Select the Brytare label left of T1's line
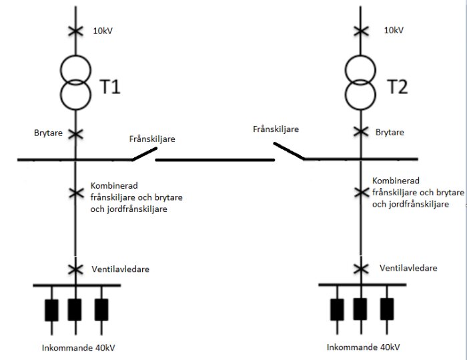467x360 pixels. point(48,133)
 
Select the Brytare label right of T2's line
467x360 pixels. point(390,133)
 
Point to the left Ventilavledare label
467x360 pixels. point(119,269)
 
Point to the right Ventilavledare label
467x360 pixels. point(409,268)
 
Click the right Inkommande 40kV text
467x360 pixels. point(364,347)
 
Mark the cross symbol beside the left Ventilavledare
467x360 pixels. point(75,269)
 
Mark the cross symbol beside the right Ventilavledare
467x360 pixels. point(361,268)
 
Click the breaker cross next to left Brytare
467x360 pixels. point(75,133)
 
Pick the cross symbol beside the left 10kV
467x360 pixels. point(75,31)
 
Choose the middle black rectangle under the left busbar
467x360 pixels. point(75,309)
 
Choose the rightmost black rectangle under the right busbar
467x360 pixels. point(387,309)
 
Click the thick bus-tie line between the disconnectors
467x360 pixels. point(215,160)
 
